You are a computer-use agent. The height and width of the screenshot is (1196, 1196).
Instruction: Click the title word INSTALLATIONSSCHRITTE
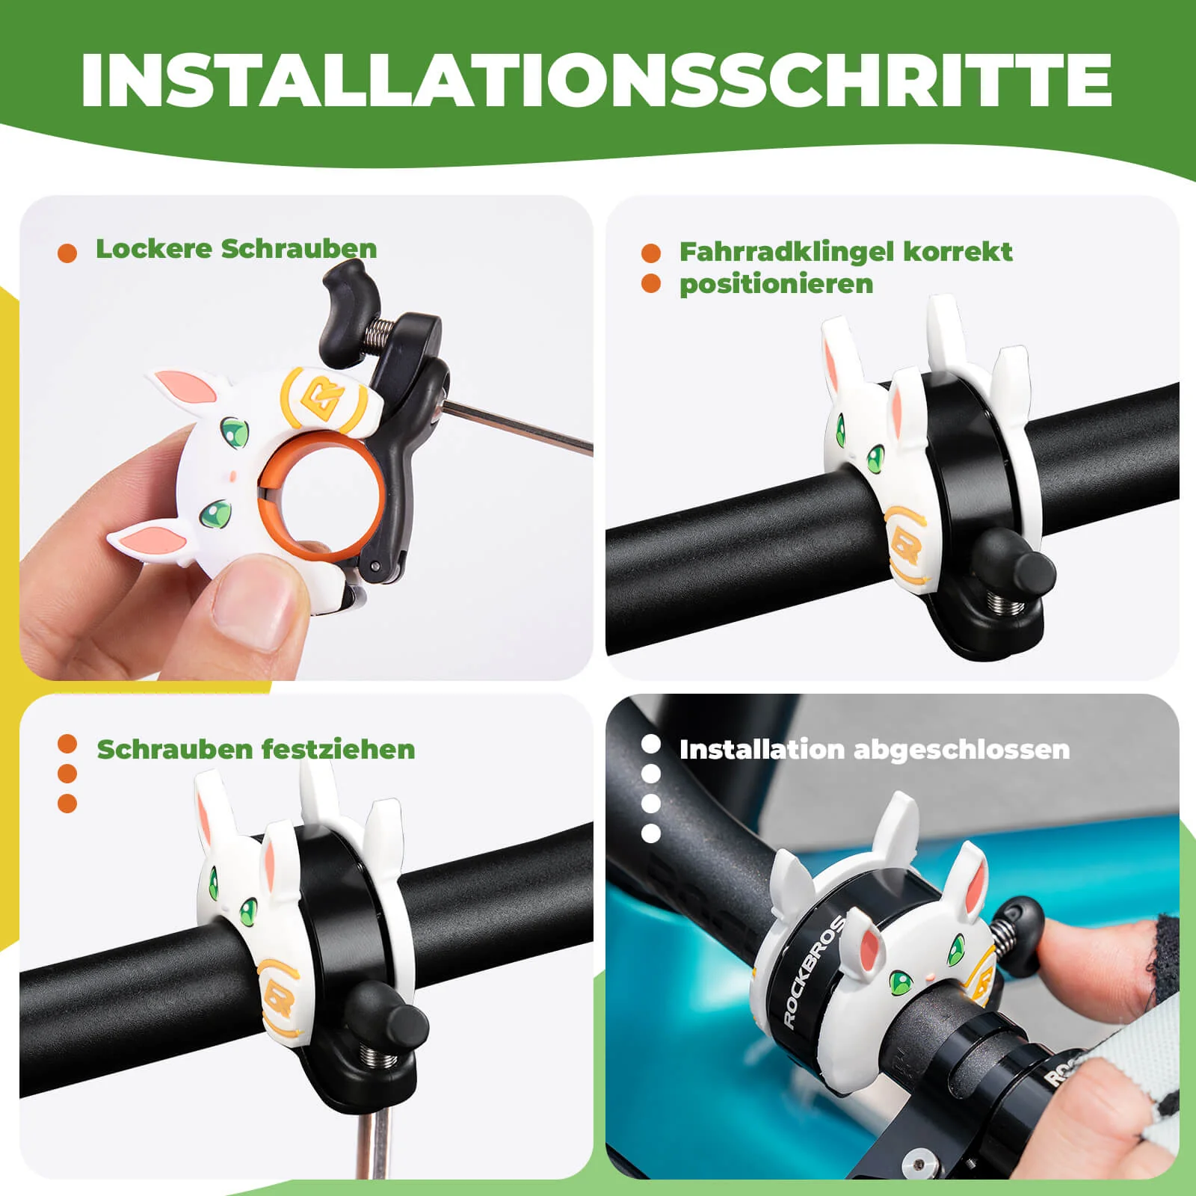pyautogui.click(x=597, y=80)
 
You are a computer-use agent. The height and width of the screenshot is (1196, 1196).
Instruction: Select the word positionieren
pyautogui.click(x=776, y=284)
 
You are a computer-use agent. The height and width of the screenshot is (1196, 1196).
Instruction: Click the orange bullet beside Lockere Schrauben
pyautogui.click(x=67, y=253)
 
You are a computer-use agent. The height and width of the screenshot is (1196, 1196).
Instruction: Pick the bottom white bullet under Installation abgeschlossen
pyautogui.click(x=651, y=833)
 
